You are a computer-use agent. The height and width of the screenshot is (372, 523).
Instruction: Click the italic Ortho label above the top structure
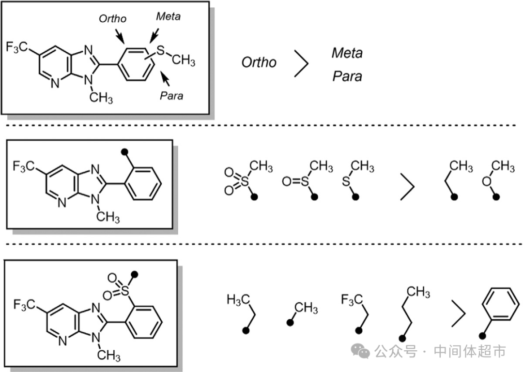point(112,19)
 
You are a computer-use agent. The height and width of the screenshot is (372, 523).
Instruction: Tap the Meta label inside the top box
point(168,16)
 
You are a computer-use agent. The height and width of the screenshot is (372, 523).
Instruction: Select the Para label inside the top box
point(171,96)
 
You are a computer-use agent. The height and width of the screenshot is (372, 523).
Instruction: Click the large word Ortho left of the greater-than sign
point(259,62)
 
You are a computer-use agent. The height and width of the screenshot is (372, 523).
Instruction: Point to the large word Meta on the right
point(347,53)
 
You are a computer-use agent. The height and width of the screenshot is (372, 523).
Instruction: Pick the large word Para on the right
point(347,76)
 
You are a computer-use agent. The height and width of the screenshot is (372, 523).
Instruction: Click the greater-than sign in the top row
point(301,63)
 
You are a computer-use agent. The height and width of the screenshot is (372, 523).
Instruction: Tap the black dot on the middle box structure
point(124,152)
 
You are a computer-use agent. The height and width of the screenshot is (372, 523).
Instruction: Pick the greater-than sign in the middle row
point(407,187)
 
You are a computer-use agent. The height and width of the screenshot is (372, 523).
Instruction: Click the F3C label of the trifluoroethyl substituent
point(352,299)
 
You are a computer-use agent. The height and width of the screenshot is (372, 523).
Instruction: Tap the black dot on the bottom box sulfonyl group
point(135,274)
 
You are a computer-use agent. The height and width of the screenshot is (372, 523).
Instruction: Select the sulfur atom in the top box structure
point(161,50)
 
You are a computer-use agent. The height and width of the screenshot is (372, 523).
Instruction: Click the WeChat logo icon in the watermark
point(361,352)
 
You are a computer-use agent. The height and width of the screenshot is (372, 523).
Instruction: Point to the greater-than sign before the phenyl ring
point(458,313)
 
